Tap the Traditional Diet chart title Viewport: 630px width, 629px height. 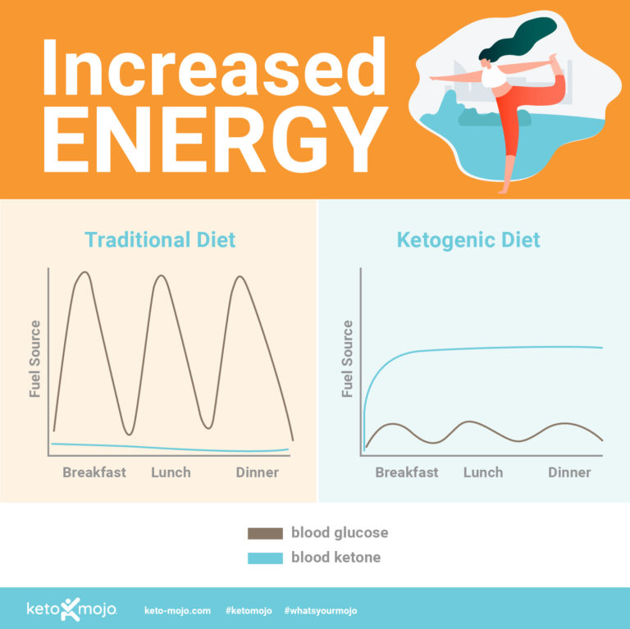(160, 240)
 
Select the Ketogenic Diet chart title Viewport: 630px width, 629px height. (468, 240)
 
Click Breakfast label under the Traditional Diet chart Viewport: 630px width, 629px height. (94, 472)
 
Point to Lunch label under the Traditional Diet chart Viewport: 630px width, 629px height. (171, 472)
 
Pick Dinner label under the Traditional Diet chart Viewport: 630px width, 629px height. (257, 472)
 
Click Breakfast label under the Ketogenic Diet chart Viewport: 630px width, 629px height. (407, 472)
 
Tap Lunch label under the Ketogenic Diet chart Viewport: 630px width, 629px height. (483, 472)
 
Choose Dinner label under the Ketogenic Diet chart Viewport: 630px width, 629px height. (569, 472)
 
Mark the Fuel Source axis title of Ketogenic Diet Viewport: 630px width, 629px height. (348, 359)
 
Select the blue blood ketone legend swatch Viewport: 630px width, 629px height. (265, 558)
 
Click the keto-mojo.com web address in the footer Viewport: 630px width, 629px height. (178, 611)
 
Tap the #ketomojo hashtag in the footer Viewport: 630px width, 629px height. (248, 611)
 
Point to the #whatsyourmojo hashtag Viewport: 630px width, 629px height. (321, 611)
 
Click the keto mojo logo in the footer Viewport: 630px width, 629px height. (71, 611)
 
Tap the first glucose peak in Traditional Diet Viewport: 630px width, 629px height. (83, 273)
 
